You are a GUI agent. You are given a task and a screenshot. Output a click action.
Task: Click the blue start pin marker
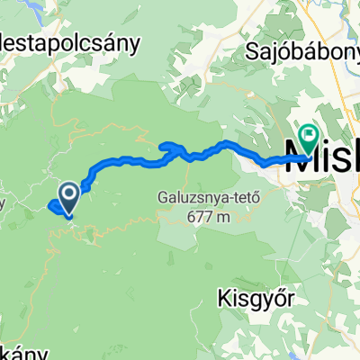[68, 194]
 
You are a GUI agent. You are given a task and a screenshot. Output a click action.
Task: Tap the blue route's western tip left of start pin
[48, 206]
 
